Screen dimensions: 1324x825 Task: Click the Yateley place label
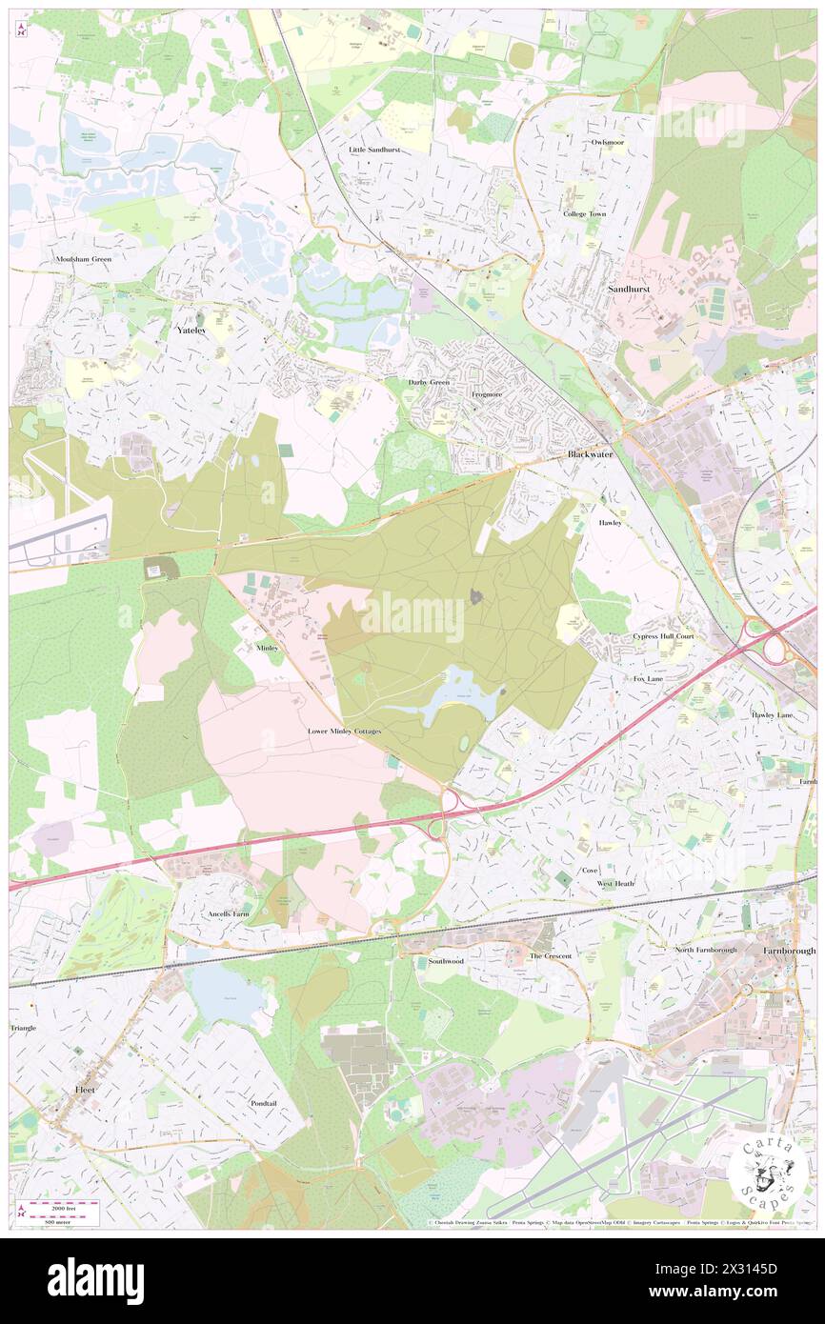[x=191, y=330]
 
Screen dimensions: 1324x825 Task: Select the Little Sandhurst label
[x=374, y=150]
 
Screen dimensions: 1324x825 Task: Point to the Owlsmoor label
[x=607, y=142]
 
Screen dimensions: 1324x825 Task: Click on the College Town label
[x=584, y=214]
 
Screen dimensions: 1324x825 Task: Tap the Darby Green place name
[x=429, y=382]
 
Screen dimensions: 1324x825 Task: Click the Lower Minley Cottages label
[x=344, y=732]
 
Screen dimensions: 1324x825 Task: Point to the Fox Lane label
[x=648, y=678]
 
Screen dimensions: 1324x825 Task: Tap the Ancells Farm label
[x=228, y=913]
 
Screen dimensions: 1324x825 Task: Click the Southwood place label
[x=446, y=961]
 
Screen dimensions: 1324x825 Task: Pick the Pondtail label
[x=264, y=1102]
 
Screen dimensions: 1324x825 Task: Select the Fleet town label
[x=86, y=1087]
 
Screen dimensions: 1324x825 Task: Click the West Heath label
[x=615, y=884]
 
